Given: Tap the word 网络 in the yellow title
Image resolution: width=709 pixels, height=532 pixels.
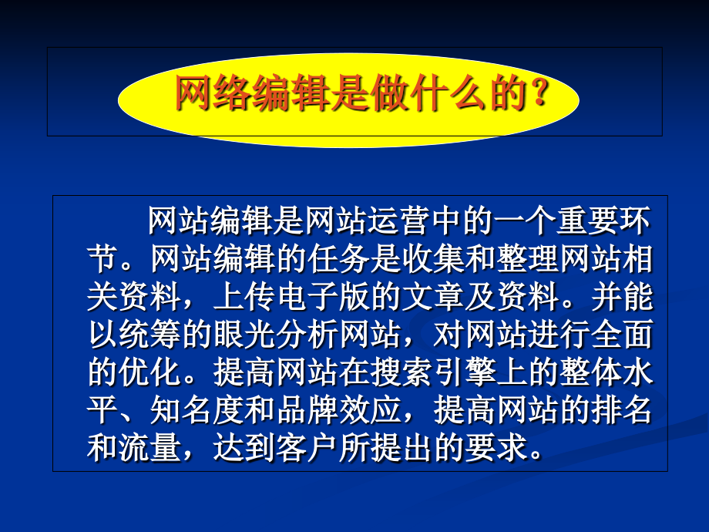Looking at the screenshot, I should click(213, 95).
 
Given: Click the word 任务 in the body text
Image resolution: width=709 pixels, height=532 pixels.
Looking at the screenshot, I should click(338, 260).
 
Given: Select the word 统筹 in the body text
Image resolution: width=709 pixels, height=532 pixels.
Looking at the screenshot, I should click(142, 335).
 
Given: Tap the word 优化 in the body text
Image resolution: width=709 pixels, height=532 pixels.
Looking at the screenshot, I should click(142, 372).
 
